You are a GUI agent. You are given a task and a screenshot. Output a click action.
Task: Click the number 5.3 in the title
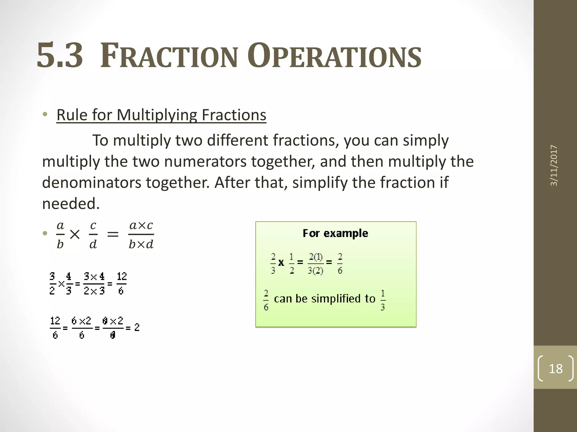[x=60, y=56]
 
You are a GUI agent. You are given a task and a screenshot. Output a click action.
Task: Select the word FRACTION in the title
[x=169, y=56]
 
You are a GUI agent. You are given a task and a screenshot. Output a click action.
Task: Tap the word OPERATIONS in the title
[x=334, y=56]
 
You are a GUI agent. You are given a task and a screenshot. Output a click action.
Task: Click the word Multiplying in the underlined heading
[x=157, y=115]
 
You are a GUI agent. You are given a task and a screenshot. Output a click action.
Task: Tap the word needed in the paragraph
[x=71, y=204]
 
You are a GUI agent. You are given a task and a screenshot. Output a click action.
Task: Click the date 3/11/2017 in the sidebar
[x=554, y=165]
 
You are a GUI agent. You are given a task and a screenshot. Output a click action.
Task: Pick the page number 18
[x=556, y=368]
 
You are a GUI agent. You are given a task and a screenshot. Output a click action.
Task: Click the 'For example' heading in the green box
[x=335, y=233]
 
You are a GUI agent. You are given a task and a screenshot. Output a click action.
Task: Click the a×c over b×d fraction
[x=141, y=235]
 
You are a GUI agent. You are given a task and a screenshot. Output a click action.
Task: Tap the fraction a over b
[x=60, y=235]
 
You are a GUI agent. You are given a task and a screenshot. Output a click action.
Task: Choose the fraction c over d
[x=93, y=235]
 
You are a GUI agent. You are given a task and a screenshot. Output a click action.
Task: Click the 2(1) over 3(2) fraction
[x=316, y=264]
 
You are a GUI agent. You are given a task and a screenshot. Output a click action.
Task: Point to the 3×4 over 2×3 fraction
[x=94, y=283]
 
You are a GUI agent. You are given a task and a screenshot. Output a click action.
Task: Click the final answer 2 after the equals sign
[x=137, y=327]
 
